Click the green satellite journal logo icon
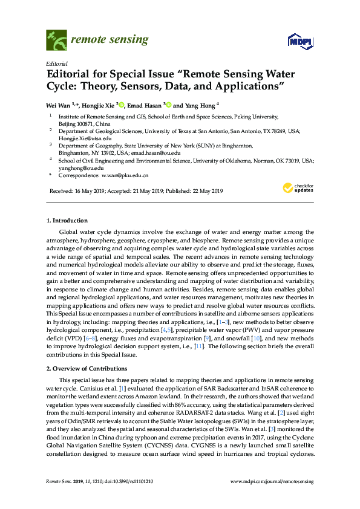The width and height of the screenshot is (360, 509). pyautogui.click(x=56, y=41)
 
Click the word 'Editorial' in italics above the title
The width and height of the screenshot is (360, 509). pyautogui.click(x=56, y=63)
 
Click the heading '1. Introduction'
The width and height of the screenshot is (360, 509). pyautogui.click(x=67, y=221)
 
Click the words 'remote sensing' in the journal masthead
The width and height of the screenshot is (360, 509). pyautogui.click(x=110, y=40)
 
